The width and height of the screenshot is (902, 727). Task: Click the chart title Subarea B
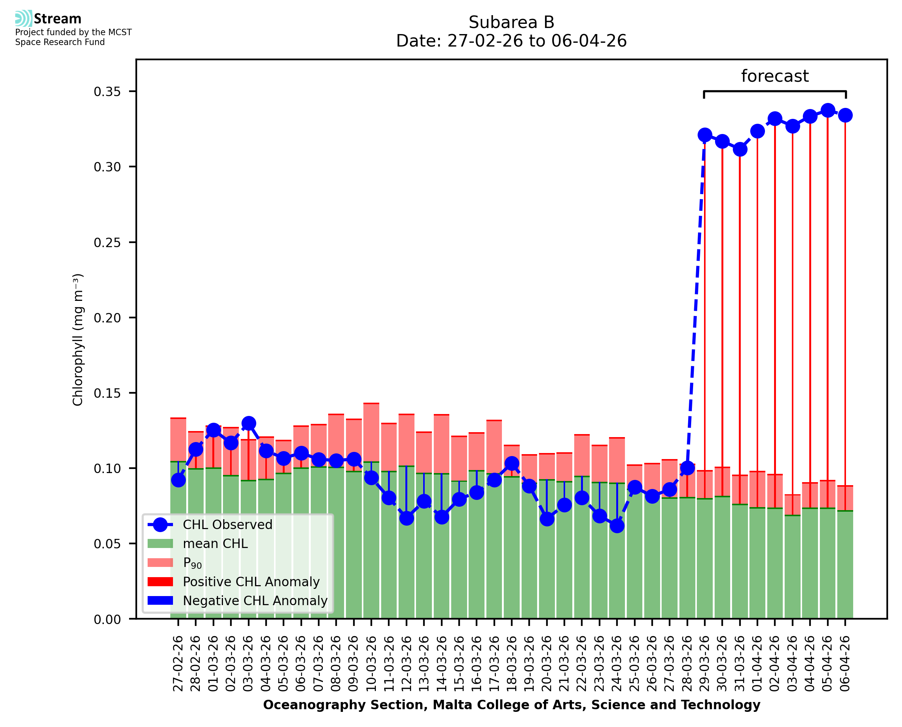511,22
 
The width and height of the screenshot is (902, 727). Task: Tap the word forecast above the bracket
775,76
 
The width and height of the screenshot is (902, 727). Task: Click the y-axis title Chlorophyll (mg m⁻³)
78,339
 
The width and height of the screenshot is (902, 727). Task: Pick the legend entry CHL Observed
227,525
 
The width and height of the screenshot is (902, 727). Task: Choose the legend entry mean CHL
215,543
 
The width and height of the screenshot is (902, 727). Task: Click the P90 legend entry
192,563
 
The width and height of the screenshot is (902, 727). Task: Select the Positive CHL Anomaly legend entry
251,582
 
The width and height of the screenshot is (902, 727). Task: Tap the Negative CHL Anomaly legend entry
255,601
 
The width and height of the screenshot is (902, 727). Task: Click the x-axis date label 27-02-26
178,663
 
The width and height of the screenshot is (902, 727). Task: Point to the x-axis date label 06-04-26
845,663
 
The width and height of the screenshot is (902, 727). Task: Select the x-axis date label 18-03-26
512,663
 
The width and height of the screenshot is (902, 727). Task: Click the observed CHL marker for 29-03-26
705,135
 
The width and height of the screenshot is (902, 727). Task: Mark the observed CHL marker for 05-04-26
827,111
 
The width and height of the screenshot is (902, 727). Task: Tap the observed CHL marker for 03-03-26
249,423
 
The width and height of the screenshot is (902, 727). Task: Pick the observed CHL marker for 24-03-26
617,526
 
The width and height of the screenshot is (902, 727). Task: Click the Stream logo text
58,19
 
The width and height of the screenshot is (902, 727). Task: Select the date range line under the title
511,41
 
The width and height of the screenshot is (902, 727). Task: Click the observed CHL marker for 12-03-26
407,518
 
